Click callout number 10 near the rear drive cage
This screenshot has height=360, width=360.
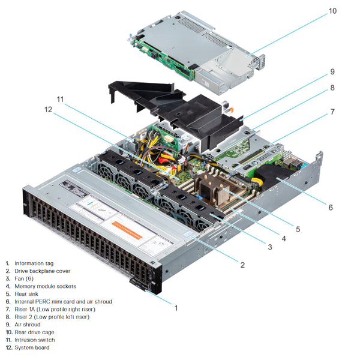click(332, 10)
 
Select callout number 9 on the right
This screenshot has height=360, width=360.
click(331, 71)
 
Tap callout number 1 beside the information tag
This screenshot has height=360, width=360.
click(176, 308)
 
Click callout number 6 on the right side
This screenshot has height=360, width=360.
click(330, 207)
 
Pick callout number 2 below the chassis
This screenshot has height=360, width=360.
click(242, 264)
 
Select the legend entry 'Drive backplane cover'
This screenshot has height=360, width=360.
click(42, 271)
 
